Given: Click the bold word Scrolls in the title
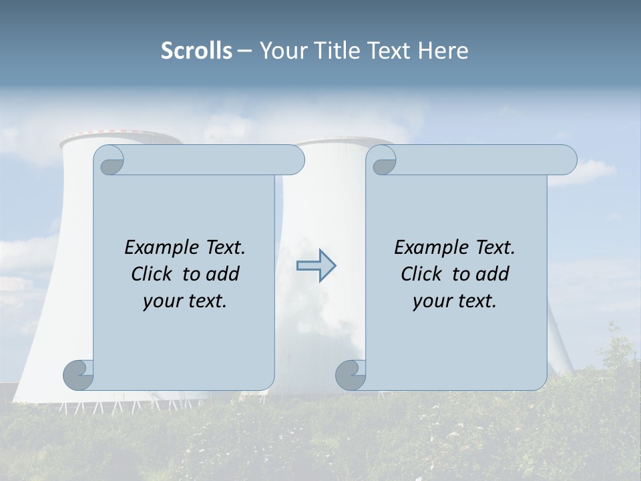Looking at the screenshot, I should (196, 51).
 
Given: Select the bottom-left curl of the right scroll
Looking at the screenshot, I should (351, 375).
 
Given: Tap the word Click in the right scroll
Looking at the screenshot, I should (423, 274).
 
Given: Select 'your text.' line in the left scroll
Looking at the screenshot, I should (185, 301).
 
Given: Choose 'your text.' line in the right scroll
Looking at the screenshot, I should (455, 301).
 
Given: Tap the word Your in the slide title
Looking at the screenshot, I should (280, 51).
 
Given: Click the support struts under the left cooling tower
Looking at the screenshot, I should (100, 404).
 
